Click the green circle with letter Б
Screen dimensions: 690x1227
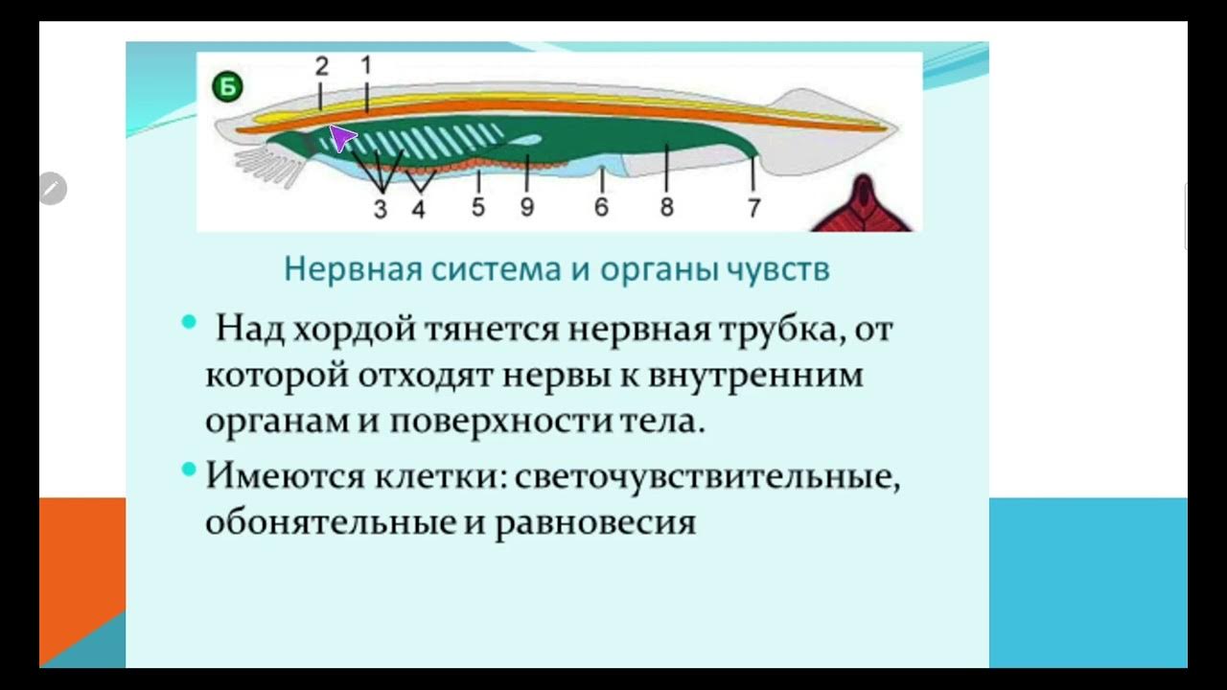(x=228, y=88)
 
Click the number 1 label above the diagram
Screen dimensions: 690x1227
(x=365, y=65)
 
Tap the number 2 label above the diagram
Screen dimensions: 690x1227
(x=321, y=65)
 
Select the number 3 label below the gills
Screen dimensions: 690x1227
(x=381, y=209)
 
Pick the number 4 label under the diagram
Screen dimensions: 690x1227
(x=418, y=209)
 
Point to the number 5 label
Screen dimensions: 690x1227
(x=478, y=207)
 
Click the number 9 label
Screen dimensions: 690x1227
(x=526, y=207)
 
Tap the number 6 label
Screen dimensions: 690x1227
(x=601, y=207)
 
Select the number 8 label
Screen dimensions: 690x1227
(x=667, y=207)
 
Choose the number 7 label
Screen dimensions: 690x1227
(x=754, y=207)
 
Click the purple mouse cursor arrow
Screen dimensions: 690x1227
(x=341, y=138)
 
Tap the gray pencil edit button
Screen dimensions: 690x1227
(x=53, y=189)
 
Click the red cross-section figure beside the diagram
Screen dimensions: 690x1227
(x=866, y=207)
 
